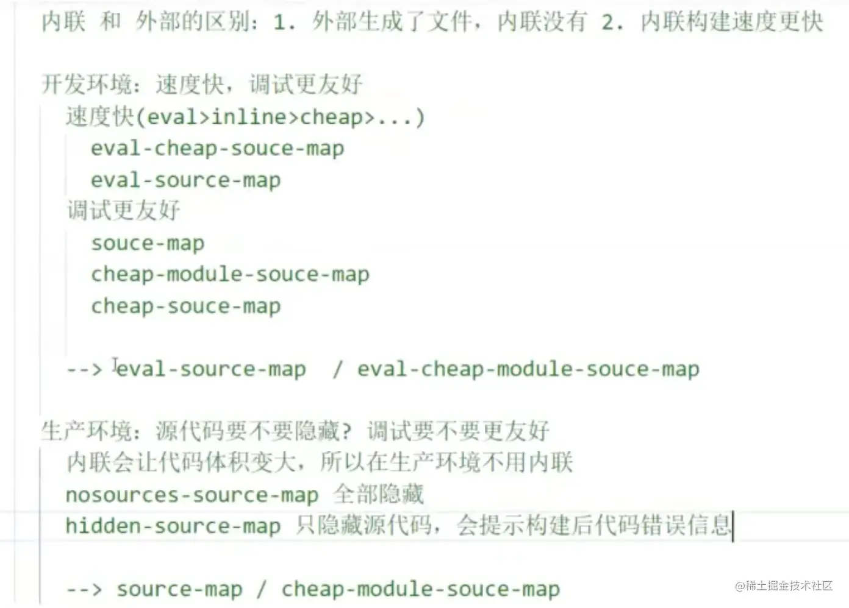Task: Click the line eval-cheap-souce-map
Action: (217, 148)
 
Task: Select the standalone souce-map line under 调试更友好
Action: (148, 243)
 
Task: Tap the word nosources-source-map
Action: (192, 495)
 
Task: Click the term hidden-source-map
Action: (173, 526)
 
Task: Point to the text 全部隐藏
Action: (378, 494)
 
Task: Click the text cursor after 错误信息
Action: (733, 526)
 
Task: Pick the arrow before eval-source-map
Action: (84, 369)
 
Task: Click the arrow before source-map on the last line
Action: (84, 589)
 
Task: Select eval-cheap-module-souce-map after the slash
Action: (528, 369)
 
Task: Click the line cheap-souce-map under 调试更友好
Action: (185, 306)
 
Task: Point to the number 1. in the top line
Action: (284, 23)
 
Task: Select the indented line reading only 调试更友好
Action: (123, 211)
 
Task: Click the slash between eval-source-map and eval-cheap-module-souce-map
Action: (337, 369)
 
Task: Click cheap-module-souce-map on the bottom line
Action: (420, 589)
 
